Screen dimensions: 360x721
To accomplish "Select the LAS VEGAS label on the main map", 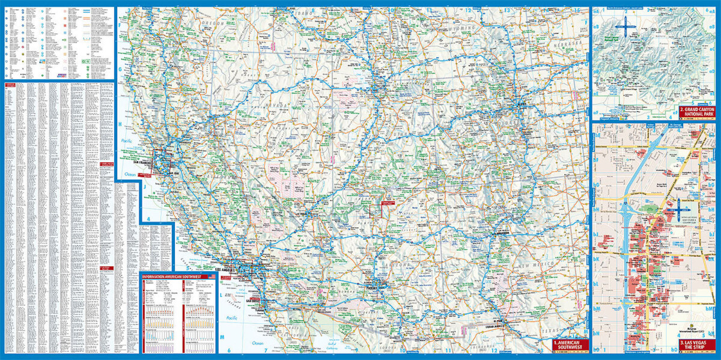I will point(302,212).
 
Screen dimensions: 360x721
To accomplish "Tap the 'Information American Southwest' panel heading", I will point(174,276).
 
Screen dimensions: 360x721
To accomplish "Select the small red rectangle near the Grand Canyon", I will point(379,210).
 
